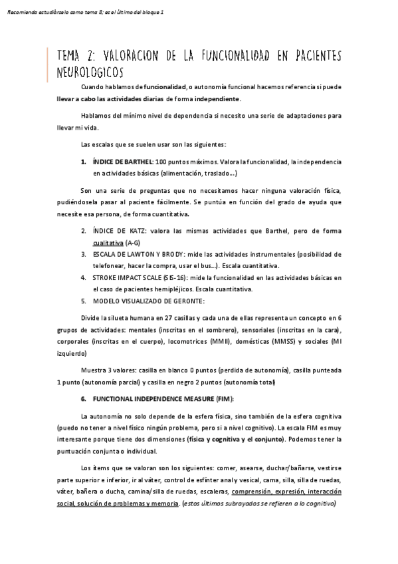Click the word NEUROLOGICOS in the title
pos(91,69)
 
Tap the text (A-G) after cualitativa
pos(132,243)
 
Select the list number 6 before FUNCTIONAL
pos(84,398)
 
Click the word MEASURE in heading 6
pos(195,398)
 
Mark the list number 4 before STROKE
pos(84,277)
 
